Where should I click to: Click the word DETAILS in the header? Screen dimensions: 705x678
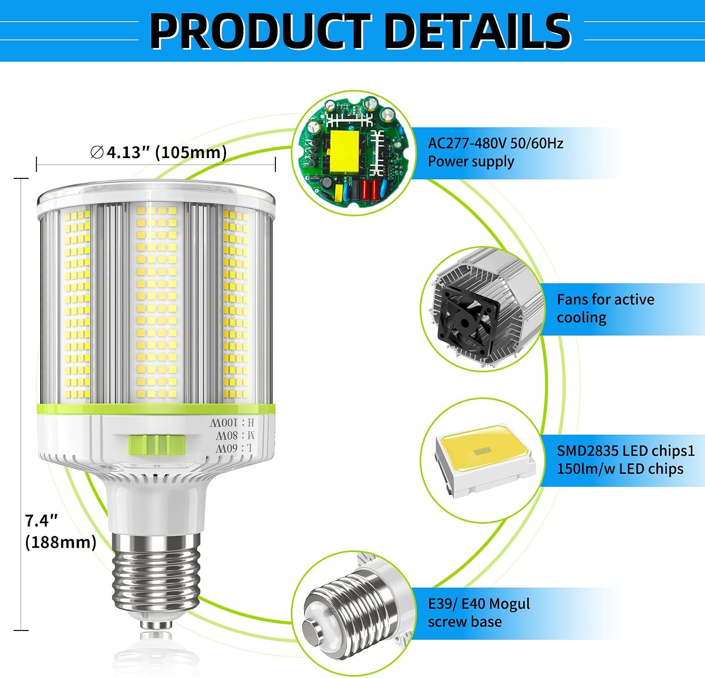click(478, 31)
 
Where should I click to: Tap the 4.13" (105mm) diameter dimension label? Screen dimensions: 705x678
click(158, 152)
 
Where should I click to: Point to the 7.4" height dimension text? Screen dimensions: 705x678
click(41, 521)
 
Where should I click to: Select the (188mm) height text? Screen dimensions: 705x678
click(61, 542)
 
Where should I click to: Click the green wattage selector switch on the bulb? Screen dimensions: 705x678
click(157, 445)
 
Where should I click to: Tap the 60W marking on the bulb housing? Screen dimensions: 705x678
click(234, 448)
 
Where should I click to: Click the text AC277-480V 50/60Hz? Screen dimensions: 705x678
click(495, 143)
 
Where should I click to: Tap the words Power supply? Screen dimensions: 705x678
click(471, 161)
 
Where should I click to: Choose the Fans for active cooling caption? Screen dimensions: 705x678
click(605, 309)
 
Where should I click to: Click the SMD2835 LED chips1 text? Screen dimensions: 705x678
click(626, 451)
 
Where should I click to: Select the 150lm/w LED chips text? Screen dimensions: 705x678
click(620, 469)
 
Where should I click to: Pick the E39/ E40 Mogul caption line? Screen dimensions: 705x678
click(479, 604)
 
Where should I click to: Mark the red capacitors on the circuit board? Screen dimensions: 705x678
click(370, 190)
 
